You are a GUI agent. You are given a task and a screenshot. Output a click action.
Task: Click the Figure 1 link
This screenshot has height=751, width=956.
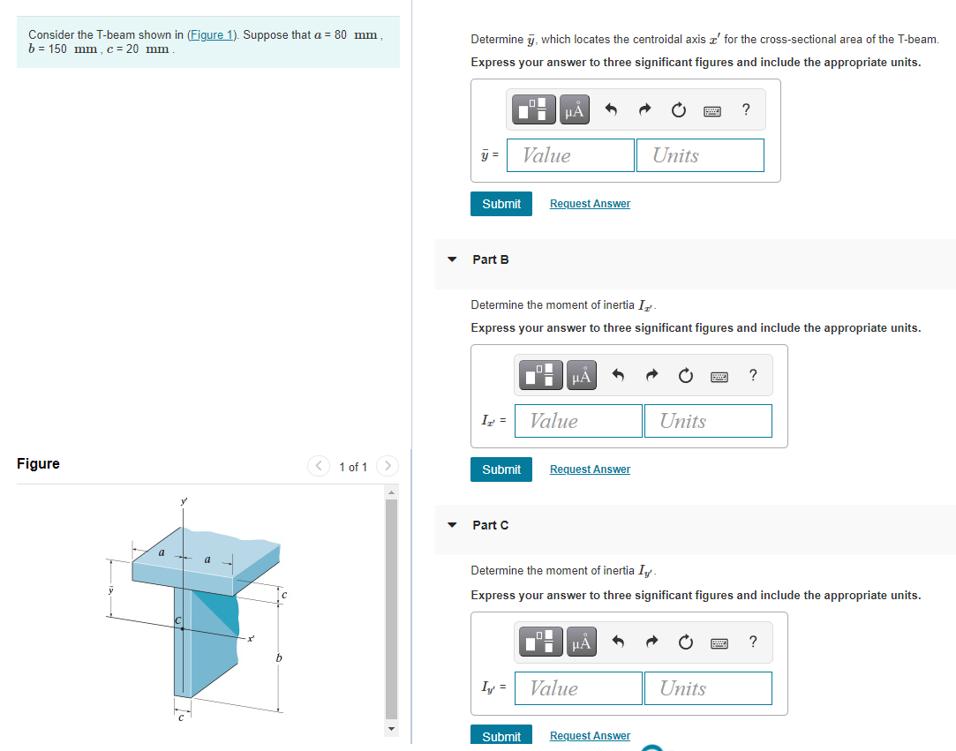[x=212, y=34]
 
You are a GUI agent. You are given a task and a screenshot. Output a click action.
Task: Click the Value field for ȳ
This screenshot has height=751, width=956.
[x=570, y=155]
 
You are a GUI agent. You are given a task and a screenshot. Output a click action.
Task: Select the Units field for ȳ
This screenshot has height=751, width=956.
[x=700, y=155]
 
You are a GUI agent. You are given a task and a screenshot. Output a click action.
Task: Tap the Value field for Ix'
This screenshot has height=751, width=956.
[x=578, y=421]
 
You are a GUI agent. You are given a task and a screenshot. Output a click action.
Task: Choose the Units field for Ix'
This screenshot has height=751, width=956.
[x=708, y=421]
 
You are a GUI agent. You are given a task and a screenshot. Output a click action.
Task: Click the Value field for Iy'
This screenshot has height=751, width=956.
[x=578, y=688]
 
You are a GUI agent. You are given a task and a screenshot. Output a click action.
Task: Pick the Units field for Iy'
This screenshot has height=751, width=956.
[x=708, y=688]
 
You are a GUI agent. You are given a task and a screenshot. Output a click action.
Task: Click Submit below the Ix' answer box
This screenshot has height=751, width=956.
[x=501, y=469]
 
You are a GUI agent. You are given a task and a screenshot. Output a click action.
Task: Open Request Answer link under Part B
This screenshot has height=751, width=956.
[x=591, y=469]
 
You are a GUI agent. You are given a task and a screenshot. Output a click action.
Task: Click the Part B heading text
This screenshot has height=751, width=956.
[x=491, y=259]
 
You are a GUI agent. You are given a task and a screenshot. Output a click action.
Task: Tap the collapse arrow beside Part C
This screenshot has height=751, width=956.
[x=452, y=525]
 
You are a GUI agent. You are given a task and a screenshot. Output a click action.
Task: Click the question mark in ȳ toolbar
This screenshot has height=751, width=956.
[x=746, y=109]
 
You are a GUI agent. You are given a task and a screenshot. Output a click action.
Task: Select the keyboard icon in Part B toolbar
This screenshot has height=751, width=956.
[x=719, y=378]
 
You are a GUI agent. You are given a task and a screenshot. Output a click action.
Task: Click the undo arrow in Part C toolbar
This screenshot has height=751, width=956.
[x=618, y=642]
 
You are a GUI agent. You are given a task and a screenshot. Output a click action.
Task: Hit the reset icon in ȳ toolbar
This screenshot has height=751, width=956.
[x=679, y=110]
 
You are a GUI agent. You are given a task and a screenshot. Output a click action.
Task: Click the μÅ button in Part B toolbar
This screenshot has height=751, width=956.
[x=582, y=375]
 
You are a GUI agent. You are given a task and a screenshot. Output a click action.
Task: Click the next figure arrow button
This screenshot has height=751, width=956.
[x=388, y=466]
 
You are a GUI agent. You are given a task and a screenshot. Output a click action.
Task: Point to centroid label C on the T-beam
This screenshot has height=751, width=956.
[x=178, y=620]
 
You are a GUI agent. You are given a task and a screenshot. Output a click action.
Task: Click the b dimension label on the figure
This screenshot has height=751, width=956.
[x=279, y=658]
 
